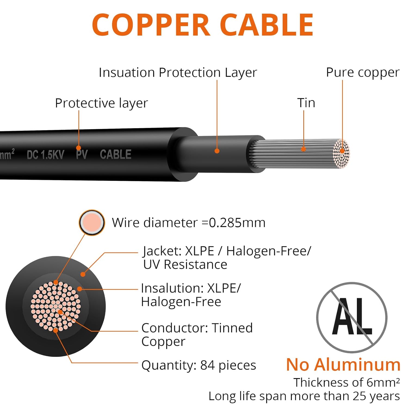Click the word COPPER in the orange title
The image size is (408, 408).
click(151, 25)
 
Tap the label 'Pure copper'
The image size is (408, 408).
click(363, 73)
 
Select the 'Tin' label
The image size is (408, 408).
click(306, 103)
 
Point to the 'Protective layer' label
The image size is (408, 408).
click(101, 103)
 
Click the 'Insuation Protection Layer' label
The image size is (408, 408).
click(178, 73)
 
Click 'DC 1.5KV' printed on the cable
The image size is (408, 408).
click(45, 155)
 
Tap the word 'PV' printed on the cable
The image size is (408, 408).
click(82, 154)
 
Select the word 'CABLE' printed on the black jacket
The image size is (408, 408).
click(116, 154)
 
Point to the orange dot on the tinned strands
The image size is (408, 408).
click(304, 149)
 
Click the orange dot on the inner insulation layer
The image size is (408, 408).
click(217, 151)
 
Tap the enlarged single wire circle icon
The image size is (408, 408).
click(92, 222)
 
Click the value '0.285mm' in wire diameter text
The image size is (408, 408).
click(237, 223)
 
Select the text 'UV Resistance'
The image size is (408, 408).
click(185, 265)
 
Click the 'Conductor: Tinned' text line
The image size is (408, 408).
click(197, 328)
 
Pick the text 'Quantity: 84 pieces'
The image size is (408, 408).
click(199, 365)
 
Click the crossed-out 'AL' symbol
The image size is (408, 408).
click(352, 317)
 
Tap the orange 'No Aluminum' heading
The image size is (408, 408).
click(343, 364)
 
